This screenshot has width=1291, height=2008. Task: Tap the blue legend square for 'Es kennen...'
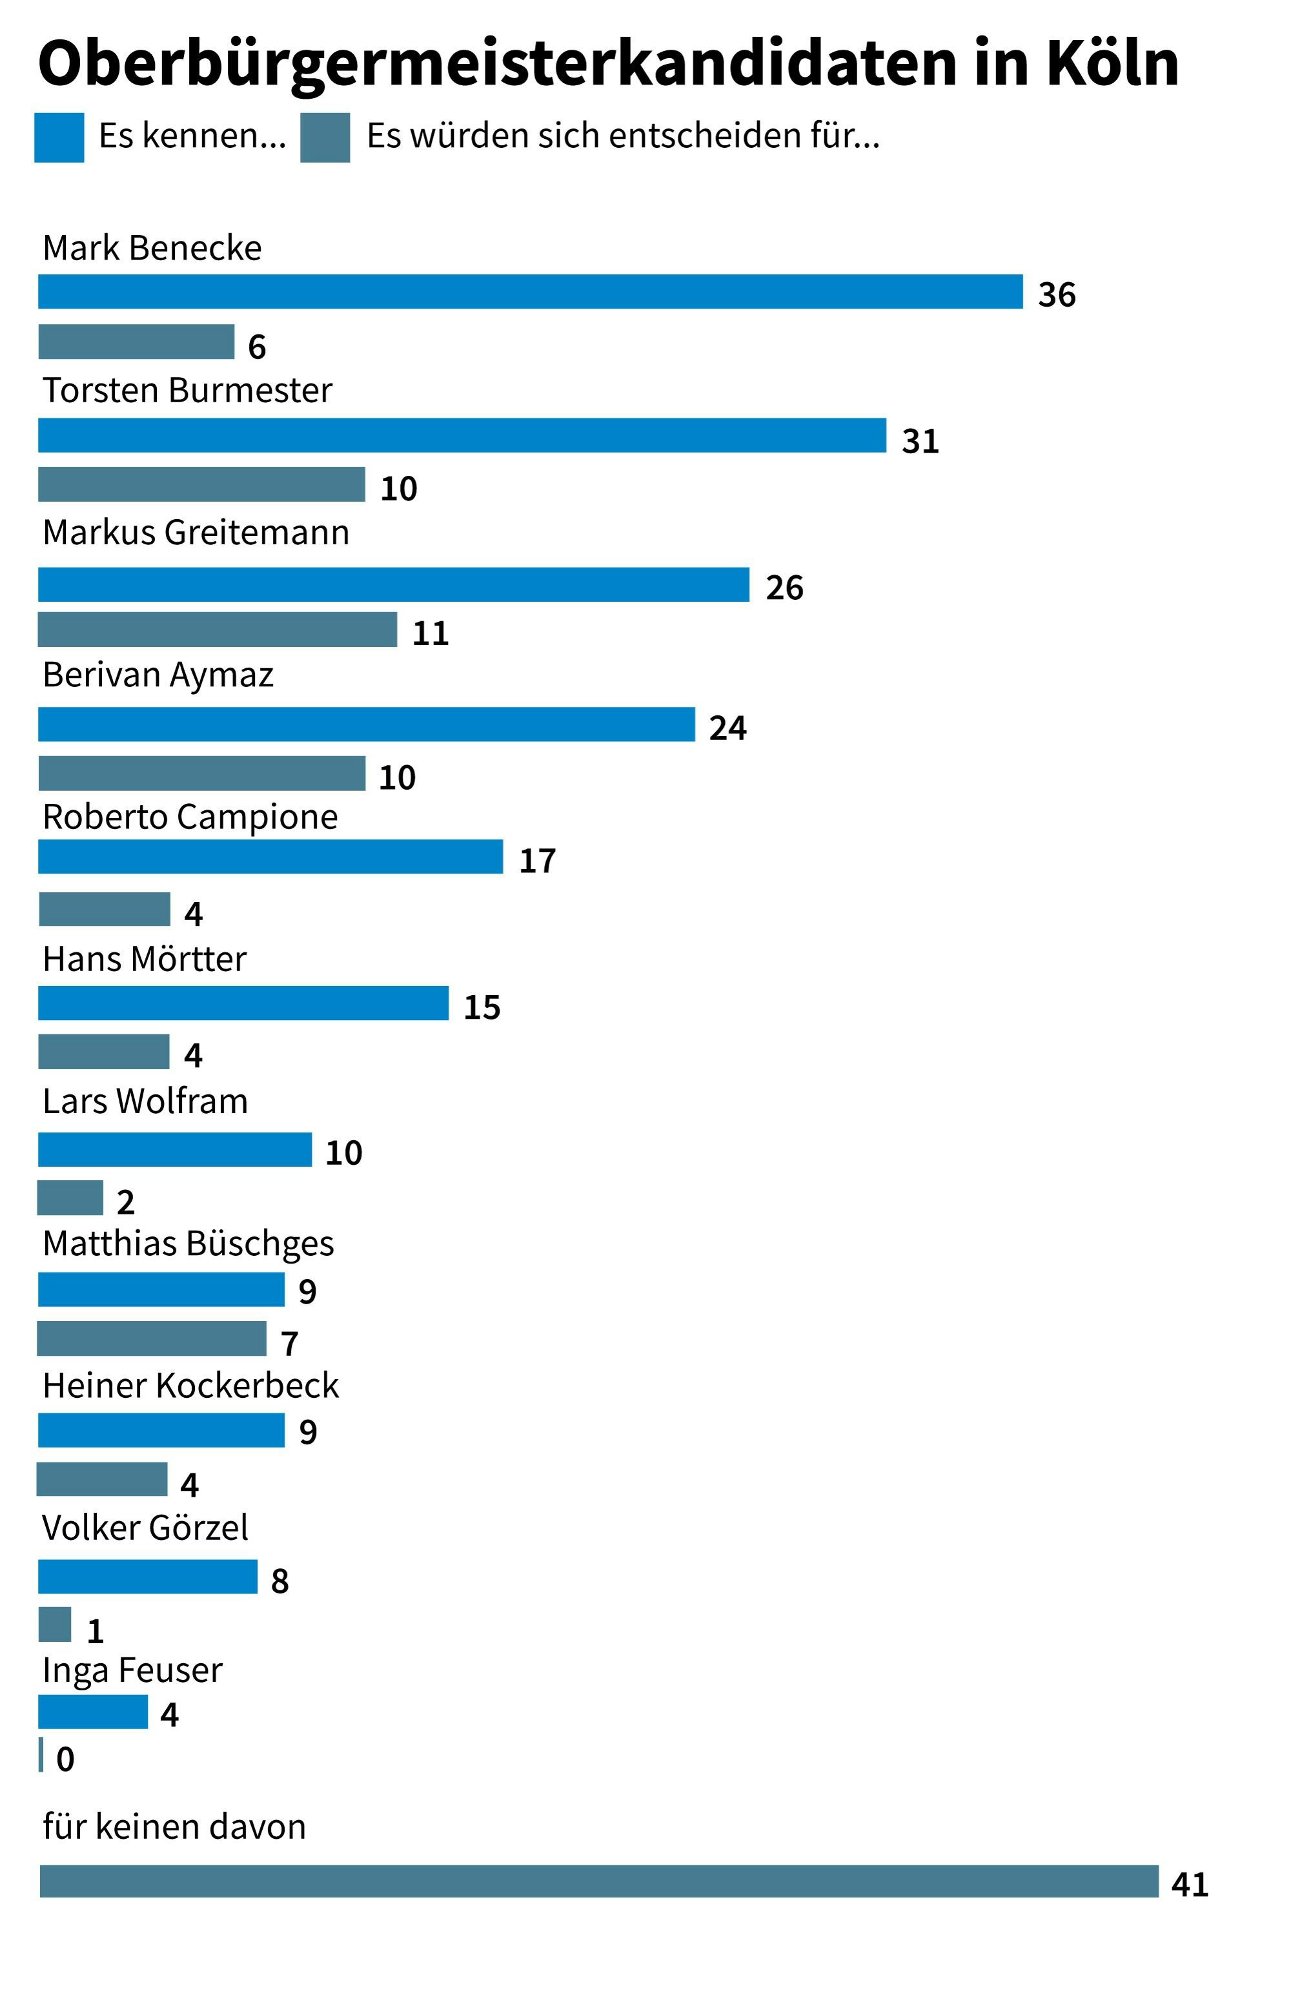59,138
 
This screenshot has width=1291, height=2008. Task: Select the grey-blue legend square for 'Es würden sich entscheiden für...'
325,138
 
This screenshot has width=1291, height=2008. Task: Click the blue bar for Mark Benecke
530,292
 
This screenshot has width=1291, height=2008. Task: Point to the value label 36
1056,295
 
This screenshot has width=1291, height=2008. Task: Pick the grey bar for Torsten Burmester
201,485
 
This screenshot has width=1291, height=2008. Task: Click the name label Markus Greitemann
196,533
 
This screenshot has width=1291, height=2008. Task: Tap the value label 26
784,588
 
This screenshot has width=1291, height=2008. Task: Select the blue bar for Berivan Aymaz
367,724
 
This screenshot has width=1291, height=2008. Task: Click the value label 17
536,861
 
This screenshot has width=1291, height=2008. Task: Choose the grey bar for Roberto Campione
104,909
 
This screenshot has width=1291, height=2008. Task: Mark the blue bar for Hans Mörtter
243,1003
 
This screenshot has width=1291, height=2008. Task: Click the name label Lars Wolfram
145,1101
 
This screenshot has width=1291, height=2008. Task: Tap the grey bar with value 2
70,1198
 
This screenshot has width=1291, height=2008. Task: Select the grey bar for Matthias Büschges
152,1339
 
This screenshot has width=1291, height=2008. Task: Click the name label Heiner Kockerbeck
190,1386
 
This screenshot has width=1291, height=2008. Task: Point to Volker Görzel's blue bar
148,1577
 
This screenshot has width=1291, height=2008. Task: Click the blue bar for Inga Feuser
92,1712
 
